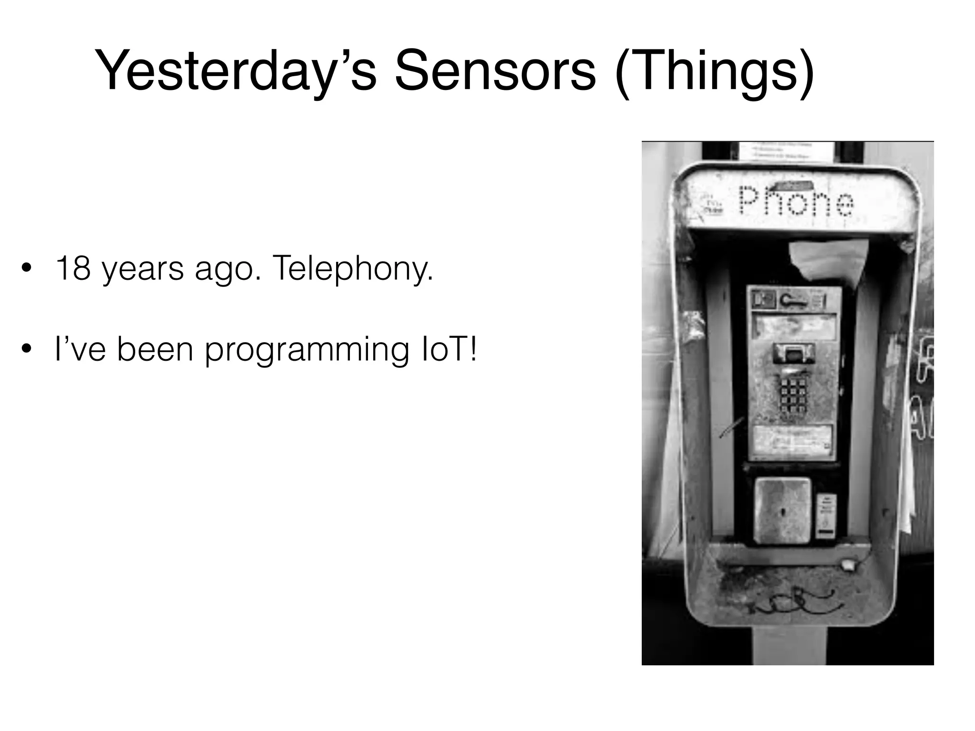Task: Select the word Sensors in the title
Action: coord(495,71)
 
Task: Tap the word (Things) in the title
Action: coord(714,71)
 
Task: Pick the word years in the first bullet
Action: coord(143,269)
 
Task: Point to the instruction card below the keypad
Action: coord(793,440)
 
